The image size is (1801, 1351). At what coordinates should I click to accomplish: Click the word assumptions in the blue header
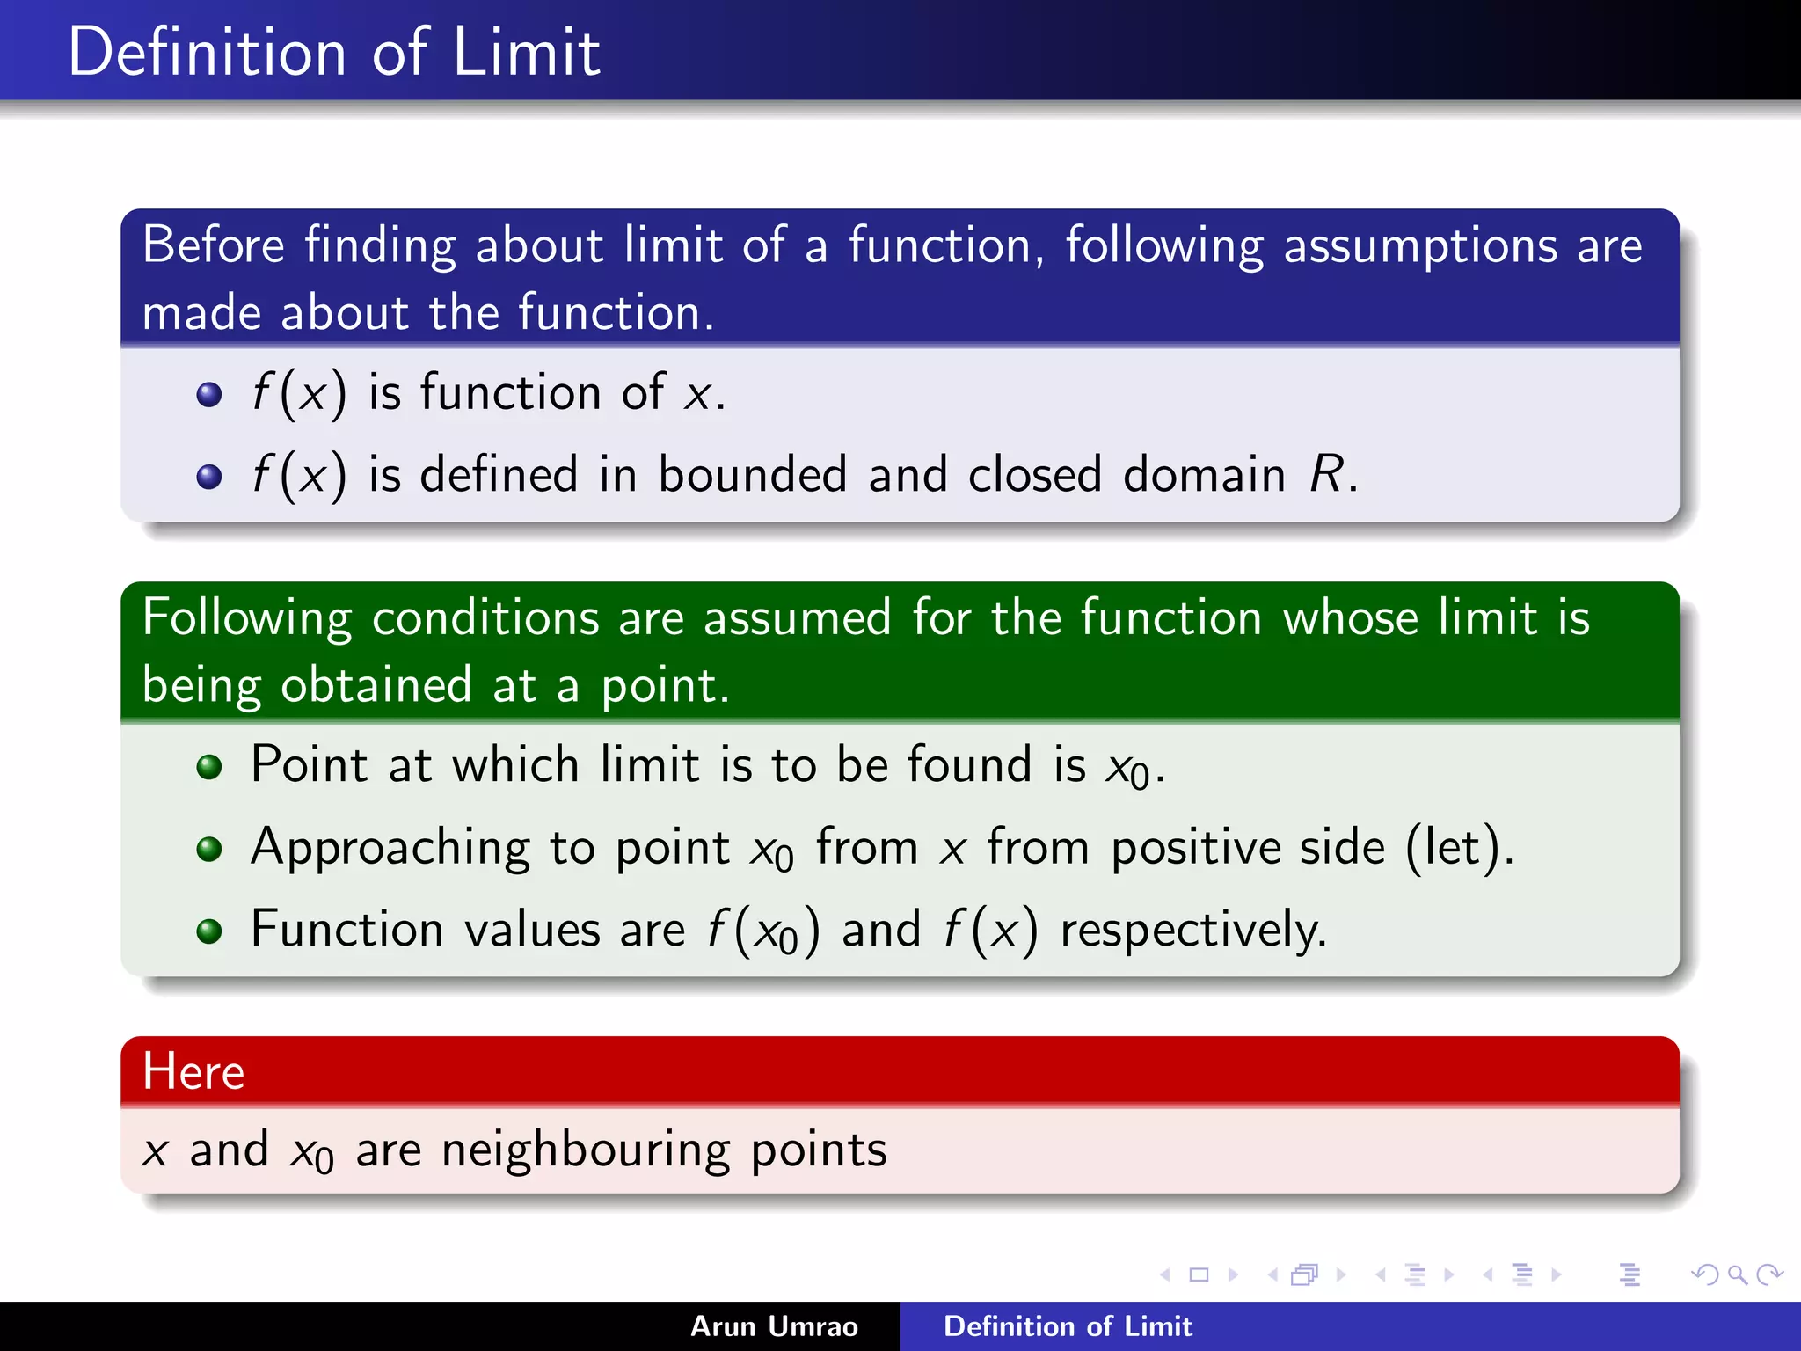point(1419,245)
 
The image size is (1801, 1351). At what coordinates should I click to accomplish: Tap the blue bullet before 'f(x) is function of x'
point(209,394)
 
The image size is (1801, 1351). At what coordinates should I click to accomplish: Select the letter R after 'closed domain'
point(1326,474)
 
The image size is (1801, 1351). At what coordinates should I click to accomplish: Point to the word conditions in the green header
point(485,617)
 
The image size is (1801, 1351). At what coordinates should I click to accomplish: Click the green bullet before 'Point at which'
point(209,767)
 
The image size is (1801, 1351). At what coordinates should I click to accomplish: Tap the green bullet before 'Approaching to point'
point(209,849)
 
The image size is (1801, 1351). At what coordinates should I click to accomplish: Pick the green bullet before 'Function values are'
point(209,931)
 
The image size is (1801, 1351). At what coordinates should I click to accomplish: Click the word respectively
point(1193,931)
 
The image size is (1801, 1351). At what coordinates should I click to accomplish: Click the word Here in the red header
point(193,1071)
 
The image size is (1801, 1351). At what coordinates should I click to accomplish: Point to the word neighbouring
point(586,1150)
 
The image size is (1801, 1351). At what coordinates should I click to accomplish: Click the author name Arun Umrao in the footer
point(774,1326)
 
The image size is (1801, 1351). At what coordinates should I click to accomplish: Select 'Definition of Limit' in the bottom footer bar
point(1068,1326)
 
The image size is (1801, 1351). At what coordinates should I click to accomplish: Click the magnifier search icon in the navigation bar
point(1737,1274)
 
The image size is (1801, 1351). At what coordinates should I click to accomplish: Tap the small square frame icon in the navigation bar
point(1199,1274)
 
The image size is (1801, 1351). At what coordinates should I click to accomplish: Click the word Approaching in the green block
point(390,849)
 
